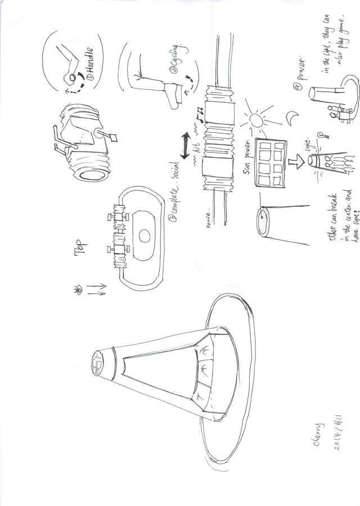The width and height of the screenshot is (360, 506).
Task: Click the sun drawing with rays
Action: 256,120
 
